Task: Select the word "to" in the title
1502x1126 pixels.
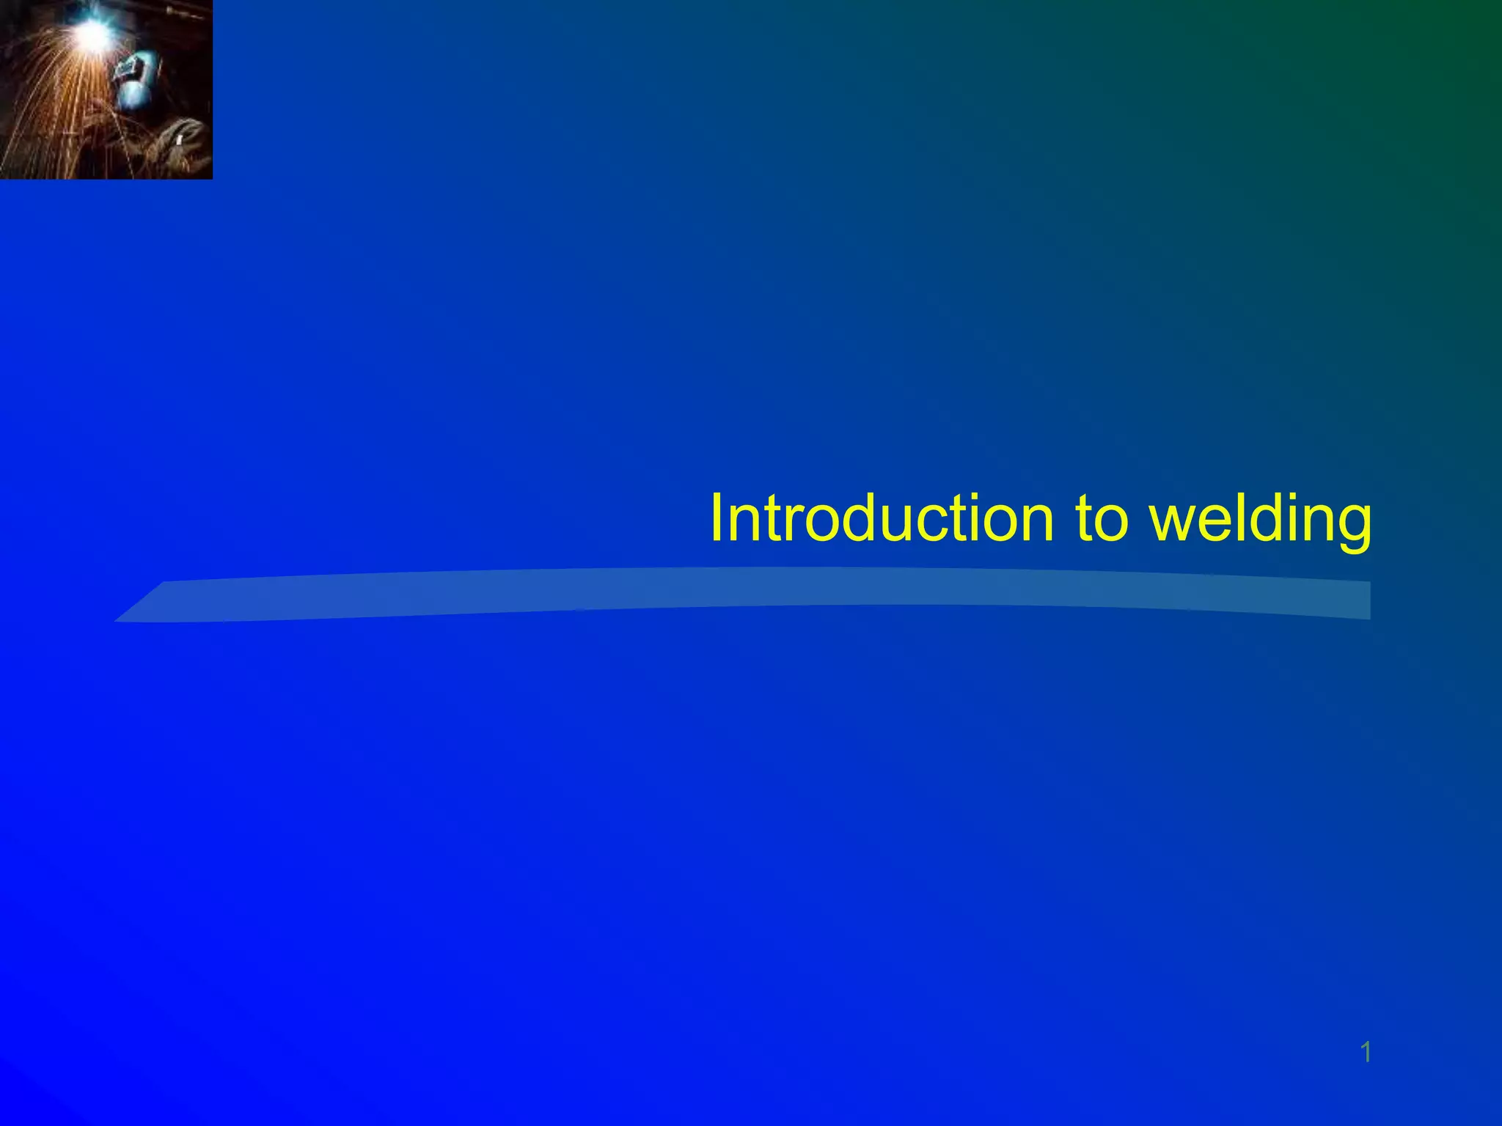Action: [x=1100, y=518]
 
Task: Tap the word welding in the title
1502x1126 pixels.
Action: [x=1260, y=518]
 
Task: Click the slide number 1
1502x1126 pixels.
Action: [x=1366, y=1053]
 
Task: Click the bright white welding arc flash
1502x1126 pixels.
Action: [x=94, y=31]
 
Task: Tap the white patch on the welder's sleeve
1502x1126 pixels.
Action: [x=178, y=139]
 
